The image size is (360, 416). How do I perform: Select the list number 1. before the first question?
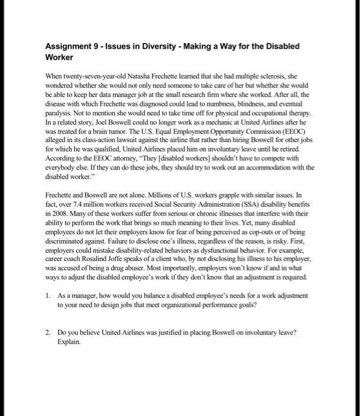(x=48, y=295)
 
